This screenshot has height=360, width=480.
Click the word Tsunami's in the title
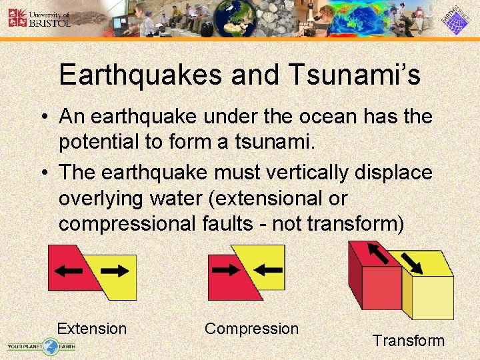click(x=353, y=75)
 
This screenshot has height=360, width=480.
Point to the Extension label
click(x=91, y=329)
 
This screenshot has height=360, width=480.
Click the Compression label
click(x=251, y=329)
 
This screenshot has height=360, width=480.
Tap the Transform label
click(x=408, y=341)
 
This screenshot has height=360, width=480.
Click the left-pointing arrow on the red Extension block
click(x=69, y=271)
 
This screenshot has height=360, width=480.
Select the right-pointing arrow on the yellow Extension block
click(x=115, y=271)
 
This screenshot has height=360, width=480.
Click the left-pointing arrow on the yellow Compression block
click(x=268, y=270)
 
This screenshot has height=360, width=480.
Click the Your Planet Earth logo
click(x=41, y=345)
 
